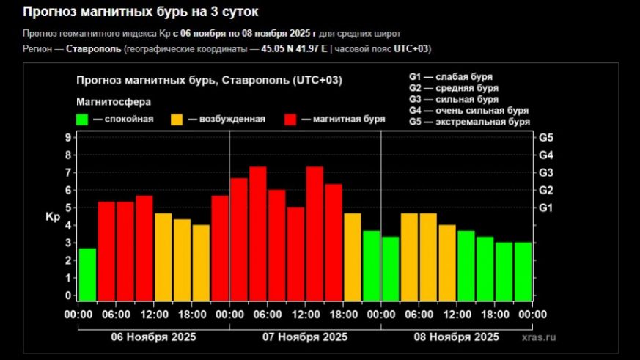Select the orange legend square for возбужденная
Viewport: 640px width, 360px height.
pos(177,120)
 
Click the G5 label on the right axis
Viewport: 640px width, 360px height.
pos(546,138)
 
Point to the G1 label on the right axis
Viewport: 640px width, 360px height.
pos(546,208)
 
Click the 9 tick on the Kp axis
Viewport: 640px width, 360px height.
pos(67,138)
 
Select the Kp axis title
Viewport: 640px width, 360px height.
pos(52,217)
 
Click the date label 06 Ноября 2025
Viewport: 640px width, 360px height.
pos(152,337)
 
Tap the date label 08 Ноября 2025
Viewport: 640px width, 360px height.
pos(456,337)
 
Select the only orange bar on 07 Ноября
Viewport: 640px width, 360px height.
pos(353,257)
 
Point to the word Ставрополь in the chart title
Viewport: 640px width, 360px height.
pos(260,80)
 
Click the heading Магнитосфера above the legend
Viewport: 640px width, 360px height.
pos(114,102)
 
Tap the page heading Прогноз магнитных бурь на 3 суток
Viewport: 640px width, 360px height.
pos(140,12)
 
